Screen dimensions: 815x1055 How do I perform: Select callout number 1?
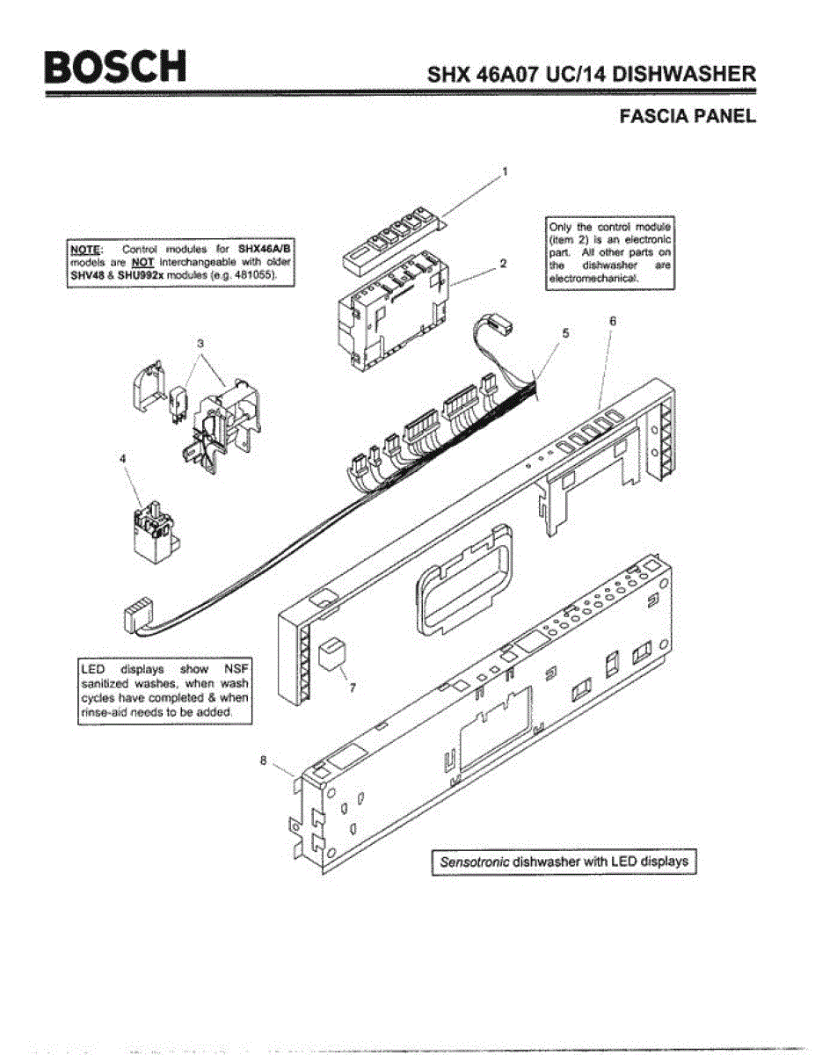tap(505, 173)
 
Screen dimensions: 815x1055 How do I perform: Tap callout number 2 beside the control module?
tap(501, 262)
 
